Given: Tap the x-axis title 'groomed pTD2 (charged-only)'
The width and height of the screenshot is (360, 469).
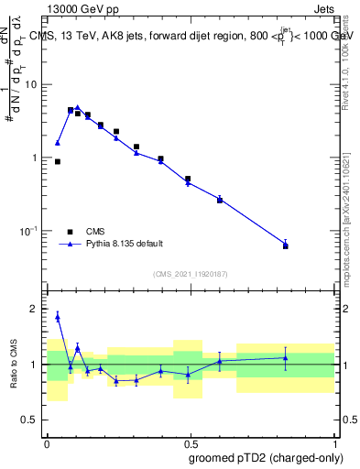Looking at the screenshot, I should tap(266, 457).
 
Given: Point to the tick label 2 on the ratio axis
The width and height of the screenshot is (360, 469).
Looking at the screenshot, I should tap(36, 310).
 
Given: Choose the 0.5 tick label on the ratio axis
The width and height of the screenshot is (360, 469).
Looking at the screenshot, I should tap(31, 420).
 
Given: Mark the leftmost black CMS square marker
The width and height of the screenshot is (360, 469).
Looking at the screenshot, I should tap(58, 161).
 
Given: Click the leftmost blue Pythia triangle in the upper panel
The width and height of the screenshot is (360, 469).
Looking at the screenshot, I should tap(58, 143).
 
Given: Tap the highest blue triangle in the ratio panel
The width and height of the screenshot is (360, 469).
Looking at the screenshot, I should tap(58, 317).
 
